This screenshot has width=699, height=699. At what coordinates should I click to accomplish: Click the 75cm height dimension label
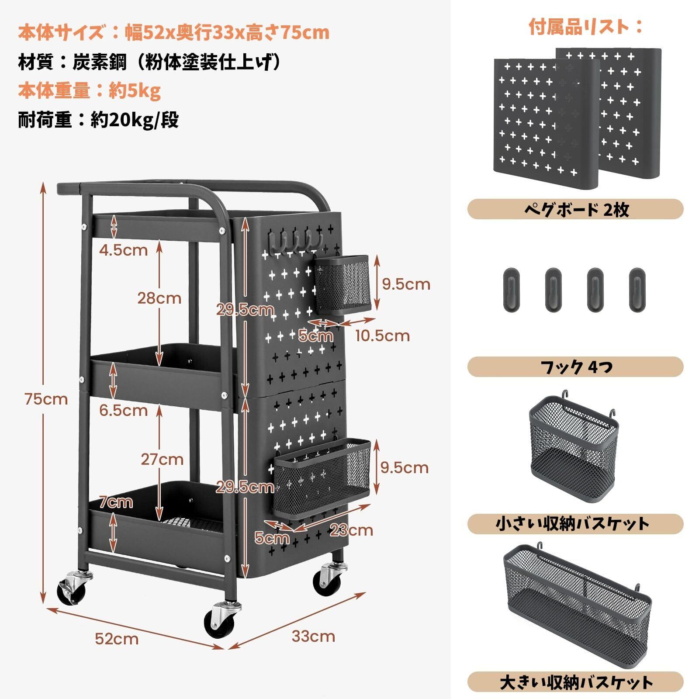pos(46,399)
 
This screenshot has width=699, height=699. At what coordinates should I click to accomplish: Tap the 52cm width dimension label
pos(117,639)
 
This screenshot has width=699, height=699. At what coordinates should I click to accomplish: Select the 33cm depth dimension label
pos(313,636)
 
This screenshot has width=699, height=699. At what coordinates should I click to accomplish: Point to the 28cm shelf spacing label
pos(159,298)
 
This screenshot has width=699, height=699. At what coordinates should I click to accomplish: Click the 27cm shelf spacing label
pos(162,459)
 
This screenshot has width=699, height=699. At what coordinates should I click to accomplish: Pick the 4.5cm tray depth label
pos(123,250)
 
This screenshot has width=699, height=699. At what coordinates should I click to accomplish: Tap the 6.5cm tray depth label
pos(123,410)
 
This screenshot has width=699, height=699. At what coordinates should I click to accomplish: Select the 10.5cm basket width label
pos(382,336)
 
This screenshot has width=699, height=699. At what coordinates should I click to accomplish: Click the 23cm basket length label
pos(351,530)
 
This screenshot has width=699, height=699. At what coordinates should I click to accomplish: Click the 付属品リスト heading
pos(585,27)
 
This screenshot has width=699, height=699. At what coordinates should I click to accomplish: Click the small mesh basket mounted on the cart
pos(342,285)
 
